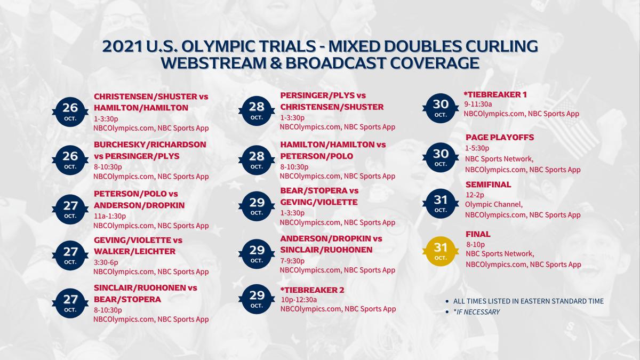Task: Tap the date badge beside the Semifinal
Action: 441,203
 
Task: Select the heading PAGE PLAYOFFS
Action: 500,137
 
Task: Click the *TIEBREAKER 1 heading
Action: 495,94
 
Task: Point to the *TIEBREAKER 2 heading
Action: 312,290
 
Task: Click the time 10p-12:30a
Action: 299,300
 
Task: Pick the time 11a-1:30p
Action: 110,216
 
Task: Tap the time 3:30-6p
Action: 106,262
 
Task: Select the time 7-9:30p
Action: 292,261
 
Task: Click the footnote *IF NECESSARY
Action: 476,311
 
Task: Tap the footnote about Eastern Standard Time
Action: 528,301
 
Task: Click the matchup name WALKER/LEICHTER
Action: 134,251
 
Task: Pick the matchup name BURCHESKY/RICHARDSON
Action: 150,145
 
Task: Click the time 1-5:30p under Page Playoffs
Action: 477,148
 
